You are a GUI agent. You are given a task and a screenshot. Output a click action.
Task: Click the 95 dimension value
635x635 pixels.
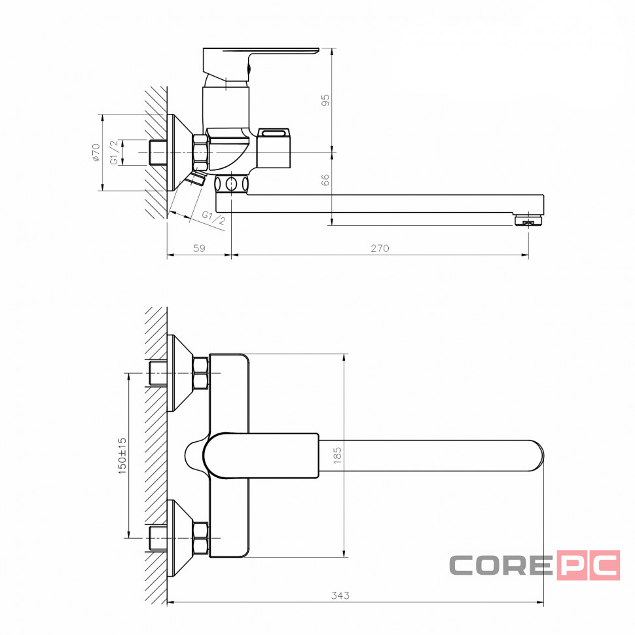[x=325, y=100]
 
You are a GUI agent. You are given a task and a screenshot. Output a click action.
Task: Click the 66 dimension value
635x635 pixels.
[x=325, y=180]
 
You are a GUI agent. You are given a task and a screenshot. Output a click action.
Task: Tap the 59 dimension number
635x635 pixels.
[x=199, y=248]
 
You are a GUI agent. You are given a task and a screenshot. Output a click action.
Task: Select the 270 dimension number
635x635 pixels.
[x=380, y=248]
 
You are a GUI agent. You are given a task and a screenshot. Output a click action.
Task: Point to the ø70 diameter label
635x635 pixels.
[x=96, y=153]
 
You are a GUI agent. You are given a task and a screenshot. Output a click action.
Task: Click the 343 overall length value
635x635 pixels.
[x=340, y=595]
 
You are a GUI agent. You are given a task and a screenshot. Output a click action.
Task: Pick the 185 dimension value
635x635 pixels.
[x=337, y=455]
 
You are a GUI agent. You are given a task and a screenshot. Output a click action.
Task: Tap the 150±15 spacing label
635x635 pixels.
[x=122, y=456]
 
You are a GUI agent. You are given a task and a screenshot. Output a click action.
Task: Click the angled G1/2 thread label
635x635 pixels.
[x=213, y=218]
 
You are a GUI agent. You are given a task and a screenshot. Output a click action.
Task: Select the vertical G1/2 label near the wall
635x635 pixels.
[x=115, y=153]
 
